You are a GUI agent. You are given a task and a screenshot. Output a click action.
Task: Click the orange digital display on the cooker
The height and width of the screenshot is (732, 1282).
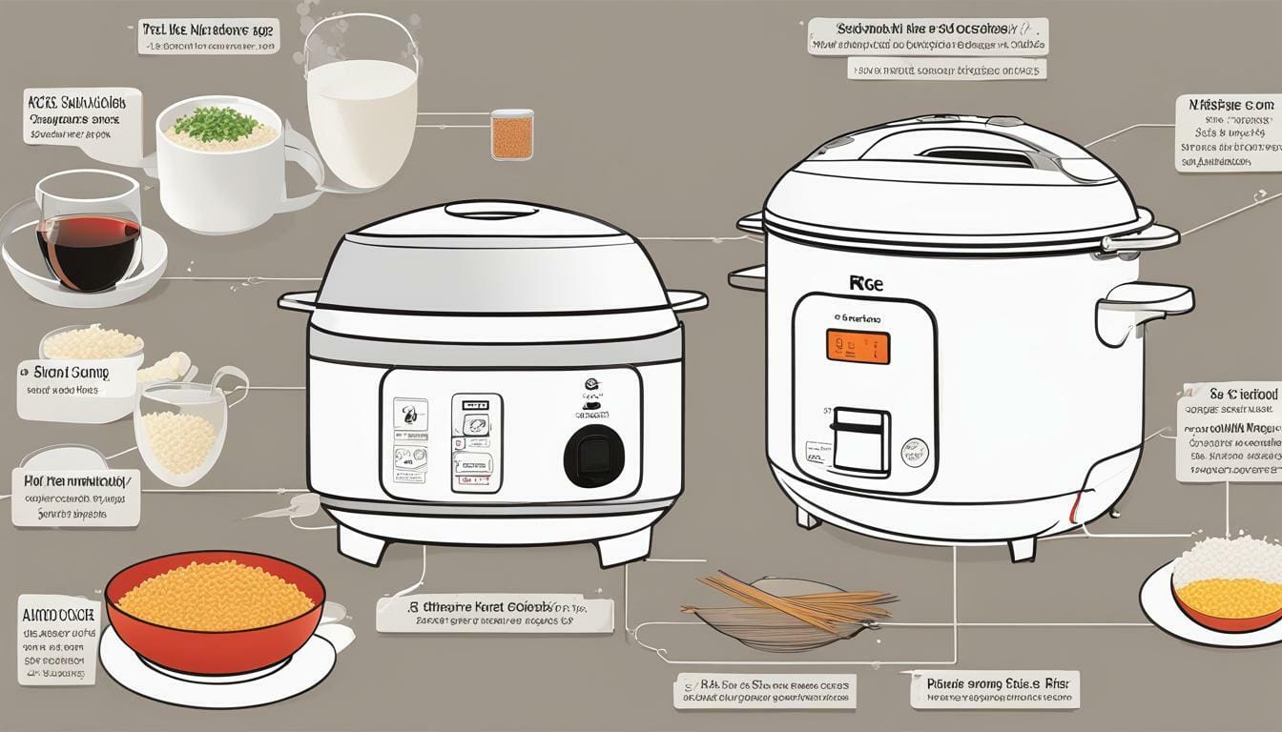pos(858,347)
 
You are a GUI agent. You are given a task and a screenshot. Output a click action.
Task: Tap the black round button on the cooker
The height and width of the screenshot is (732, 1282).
pos(593,456)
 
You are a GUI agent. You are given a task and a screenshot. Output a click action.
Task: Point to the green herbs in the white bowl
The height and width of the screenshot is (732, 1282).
pos(217,124)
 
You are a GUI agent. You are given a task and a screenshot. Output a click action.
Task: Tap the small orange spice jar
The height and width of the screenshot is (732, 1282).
pos(511,134)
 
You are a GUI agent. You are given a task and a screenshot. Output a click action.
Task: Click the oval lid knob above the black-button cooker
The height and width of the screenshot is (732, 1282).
pos(491,210)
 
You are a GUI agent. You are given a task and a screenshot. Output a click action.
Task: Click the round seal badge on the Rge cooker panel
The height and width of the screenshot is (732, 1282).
pos(915,452)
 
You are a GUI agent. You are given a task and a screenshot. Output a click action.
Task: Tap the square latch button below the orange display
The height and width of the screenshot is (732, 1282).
pos(860,439)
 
